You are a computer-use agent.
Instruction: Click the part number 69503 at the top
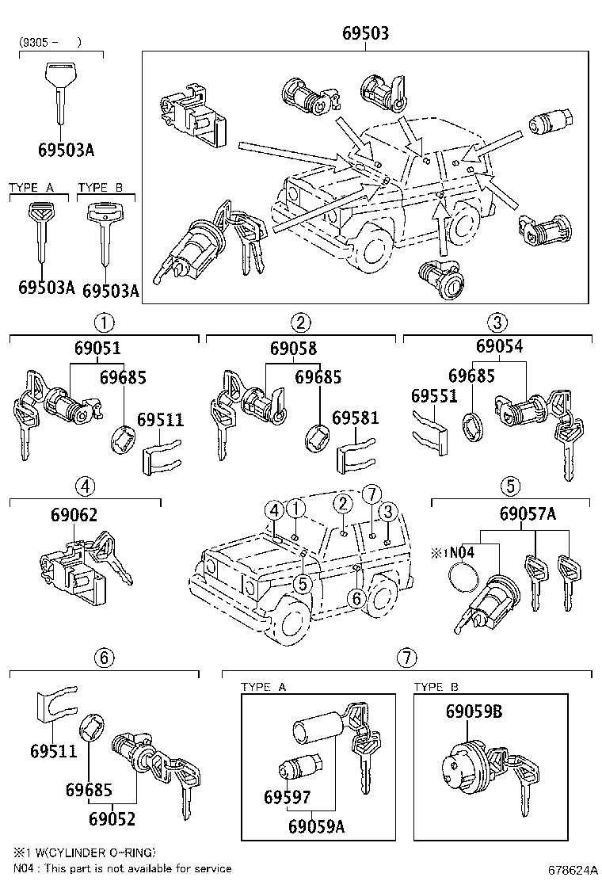(x=365, y=34)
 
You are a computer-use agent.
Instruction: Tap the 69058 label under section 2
(x=293, y=349)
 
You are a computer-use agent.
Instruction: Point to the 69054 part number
(x=500, y=346)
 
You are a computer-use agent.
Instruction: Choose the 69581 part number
(x=355, y=418)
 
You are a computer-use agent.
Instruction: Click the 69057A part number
(x=528, y=514)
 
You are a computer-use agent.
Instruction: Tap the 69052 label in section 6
(x=112, y=820)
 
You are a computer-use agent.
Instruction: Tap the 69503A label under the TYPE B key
(x=111, y=291)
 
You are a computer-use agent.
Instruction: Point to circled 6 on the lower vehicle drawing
(x=357, y=599)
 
